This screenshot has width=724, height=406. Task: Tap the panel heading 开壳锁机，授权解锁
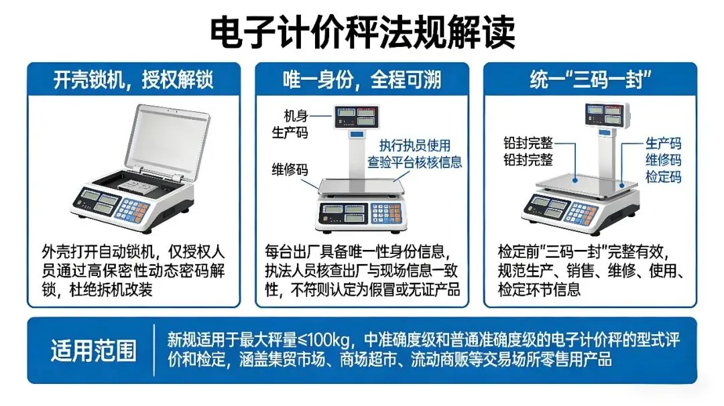click(133, 80)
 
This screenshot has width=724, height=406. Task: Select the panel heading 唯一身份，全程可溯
click(362, 80)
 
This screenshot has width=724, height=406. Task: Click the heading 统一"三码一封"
click(590, 80)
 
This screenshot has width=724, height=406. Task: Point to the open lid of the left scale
click(168, 137)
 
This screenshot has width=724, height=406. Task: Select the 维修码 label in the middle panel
click(290, 169)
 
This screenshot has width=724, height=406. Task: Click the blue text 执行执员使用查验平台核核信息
click(414, 153)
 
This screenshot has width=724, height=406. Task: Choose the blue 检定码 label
click(663, 177)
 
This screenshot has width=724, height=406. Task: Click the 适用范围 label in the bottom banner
click(93, 350)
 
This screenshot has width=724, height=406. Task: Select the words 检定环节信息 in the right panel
click(539, 289)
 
